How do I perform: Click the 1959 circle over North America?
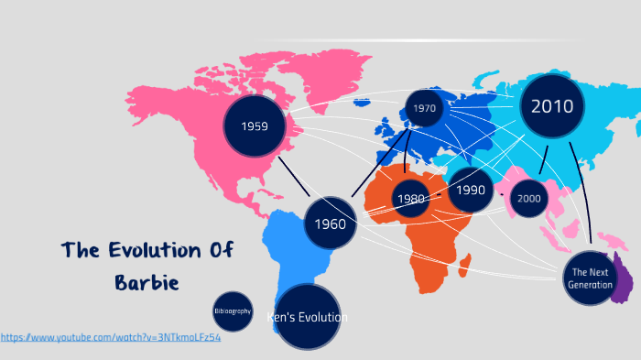(255, 126)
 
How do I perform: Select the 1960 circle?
(330, 224)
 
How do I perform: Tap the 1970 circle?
(424, 108)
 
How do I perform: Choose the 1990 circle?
(471, 191)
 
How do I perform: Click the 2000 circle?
(528, 198)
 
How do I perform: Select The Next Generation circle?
(590, 278)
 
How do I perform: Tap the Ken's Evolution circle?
(308, 317)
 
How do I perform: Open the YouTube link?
(111, 338)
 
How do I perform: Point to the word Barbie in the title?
(147, 281)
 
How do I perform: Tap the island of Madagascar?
(465, 266)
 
